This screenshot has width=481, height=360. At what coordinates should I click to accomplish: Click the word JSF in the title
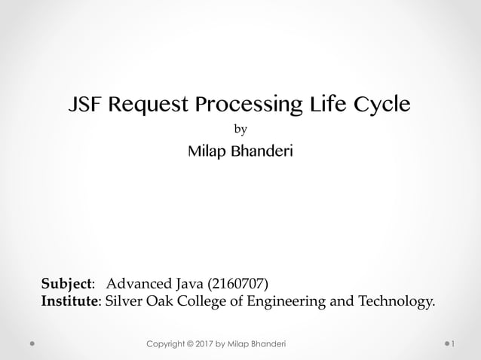coord(84,105)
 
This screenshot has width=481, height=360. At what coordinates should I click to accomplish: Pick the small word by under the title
coord(241,130)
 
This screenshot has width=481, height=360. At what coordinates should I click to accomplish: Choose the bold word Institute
coord(69,302)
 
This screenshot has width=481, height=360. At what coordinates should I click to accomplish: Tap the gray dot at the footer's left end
coord(34,344)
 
